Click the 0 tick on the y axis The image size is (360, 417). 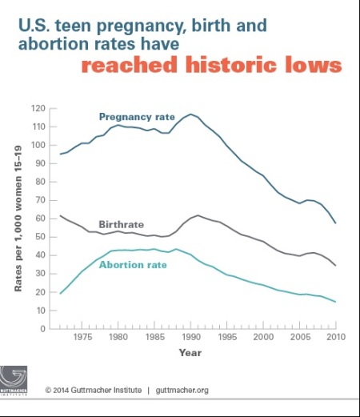[x=41, y=328]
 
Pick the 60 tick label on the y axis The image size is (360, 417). [x=38, y=218]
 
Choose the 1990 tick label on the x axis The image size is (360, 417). [x=190, y=339]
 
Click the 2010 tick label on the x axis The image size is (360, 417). [x=336, y=339]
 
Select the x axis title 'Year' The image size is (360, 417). [x=190, y=352]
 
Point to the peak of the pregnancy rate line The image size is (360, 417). [x=190, y=114]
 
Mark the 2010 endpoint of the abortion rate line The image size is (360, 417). [x=336, y=302]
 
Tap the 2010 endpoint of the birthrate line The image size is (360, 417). [x=336, y=266]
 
